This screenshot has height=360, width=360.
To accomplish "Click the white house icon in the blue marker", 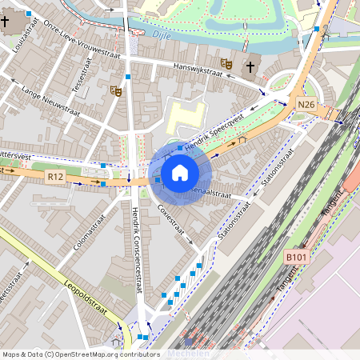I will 180,173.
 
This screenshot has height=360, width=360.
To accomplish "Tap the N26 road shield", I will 306,105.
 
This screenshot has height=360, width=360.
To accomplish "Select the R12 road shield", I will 55,176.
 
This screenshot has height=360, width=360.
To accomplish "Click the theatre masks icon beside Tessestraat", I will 116,92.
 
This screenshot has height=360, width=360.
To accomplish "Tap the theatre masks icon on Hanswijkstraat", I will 226,62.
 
